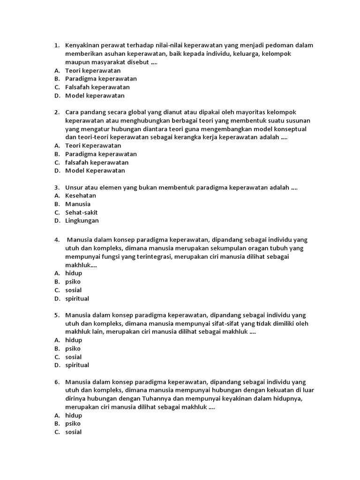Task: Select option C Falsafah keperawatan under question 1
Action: (x=97, y=87)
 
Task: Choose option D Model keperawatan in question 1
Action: (x=95, y=96)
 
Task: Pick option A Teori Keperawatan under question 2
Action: (x=93, y=146)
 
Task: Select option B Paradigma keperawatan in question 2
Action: (x=101, y=154)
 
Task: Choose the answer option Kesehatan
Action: (x=81, y=196)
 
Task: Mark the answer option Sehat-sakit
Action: (x=82, y=212)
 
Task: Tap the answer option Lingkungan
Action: (x=82, y=221)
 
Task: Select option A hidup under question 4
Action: (x=74, y=273)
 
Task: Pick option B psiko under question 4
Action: (x=73, y=282)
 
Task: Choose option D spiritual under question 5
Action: (x=77, y=365)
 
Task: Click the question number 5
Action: (x=56, y=315)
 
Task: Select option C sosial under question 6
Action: (x=74, y=432)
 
